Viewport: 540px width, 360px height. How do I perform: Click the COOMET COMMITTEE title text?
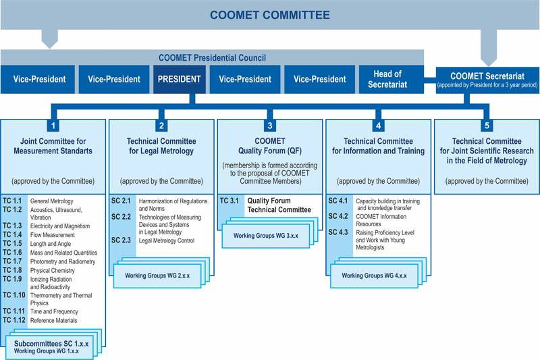pos(269,14)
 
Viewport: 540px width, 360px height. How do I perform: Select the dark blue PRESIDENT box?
pos(178,79)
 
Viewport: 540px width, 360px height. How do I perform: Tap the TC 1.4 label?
pos(13,236)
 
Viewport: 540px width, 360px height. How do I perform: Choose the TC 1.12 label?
pos(15,320)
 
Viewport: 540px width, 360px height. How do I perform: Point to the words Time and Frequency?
pos(56,311)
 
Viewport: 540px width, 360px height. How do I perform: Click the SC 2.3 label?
pos(122,240)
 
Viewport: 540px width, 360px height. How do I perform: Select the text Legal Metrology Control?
pos(166,240)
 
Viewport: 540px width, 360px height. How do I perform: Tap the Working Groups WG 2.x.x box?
pos(157,276)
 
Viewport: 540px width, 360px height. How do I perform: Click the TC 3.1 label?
pos(230,201)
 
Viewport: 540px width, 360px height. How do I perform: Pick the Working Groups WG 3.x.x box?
pos(265,234)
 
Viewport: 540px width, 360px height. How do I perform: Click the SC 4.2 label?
pos(338,216)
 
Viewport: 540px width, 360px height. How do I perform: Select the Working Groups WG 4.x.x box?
pos(373,276)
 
